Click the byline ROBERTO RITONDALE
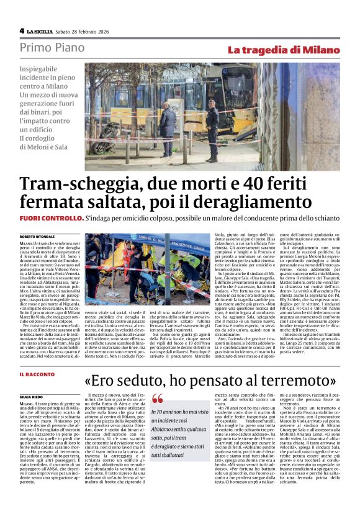click(x=38, y=237)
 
